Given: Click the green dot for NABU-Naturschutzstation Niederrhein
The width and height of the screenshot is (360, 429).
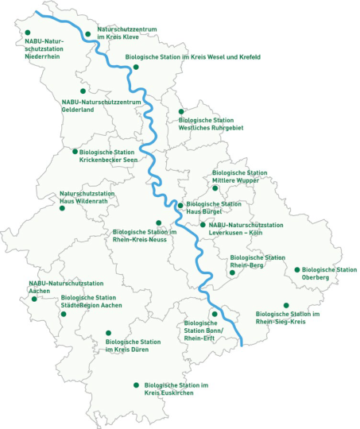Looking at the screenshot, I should point(29,33).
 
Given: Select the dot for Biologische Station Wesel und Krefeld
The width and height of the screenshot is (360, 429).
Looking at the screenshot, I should point(136,67).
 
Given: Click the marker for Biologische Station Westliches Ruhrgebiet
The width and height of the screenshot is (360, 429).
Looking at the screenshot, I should point(182,111).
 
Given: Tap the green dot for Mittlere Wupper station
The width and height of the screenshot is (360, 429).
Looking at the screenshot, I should point(215,187).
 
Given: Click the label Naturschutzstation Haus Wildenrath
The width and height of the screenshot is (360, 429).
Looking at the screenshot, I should point(87,197).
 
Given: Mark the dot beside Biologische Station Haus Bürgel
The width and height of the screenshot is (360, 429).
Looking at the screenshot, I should point(180,206).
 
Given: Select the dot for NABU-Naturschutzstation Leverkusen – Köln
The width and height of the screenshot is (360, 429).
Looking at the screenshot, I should point(203,225).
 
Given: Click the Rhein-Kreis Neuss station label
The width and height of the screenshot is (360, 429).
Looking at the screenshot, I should point(138,235).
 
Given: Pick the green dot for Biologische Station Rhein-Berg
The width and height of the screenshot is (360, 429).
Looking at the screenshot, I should point(232,272).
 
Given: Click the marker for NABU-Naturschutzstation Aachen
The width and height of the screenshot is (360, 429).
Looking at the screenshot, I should point(34,300).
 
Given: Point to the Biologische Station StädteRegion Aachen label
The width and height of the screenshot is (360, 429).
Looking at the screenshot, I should point(91,302).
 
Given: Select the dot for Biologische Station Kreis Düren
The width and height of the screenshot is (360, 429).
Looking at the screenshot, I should point(108,333).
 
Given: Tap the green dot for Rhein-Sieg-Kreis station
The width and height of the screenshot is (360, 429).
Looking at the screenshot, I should point(286,305).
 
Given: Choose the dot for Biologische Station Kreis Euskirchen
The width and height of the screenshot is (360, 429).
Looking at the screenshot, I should point(135,385).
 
